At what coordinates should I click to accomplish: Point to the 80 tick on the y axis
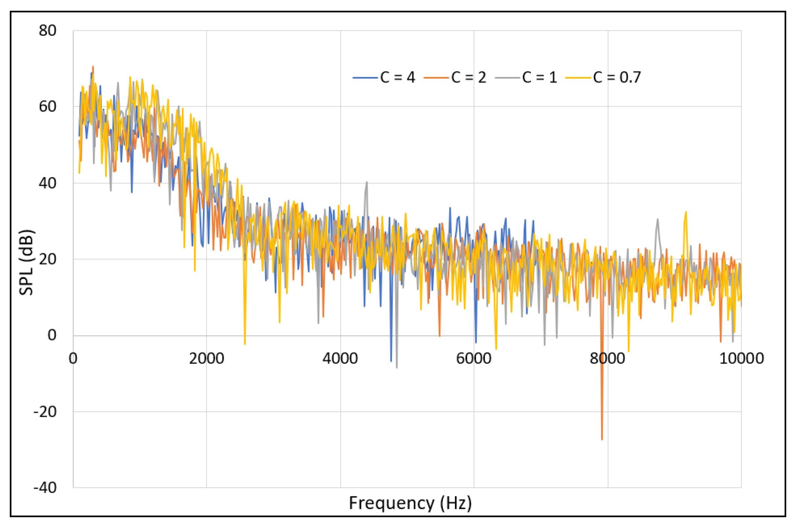coord(47,30)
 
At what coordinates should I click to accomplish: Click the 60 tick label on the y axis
coord(47,107)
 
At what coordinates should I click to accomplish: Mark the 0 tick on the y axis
coord(52,335)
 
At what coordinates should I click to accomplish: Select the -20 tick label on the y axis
coord(45,412)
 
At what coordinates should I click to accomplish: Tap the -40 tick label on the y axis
coord(45,488)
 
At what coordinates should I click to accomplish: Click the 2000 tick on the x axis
coord(206,358)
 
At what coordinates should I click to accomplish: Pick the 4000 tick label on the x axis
coord(340,358)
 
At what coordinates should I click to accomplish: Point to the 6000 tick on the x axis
coord(474,358)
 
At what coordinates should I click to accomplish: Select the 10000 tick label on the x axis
coord(741,358)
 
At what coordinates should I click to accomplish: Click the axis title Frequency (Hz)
coord(410,503)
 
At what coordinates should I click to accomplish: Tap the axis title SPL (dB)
coord(26,262)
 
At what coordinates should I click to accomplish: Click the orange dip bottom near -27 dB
coord(602,439)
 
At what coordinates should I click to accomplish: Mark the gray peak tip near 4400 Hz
coord(367,182)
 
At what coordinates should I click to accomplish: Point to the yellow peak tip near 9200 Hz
coord(686,212)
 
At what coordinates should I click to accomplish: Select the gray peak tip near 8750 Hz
coord(658,219)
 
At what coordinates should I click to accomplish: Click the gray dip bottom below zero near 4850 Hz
coord(397,367)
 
